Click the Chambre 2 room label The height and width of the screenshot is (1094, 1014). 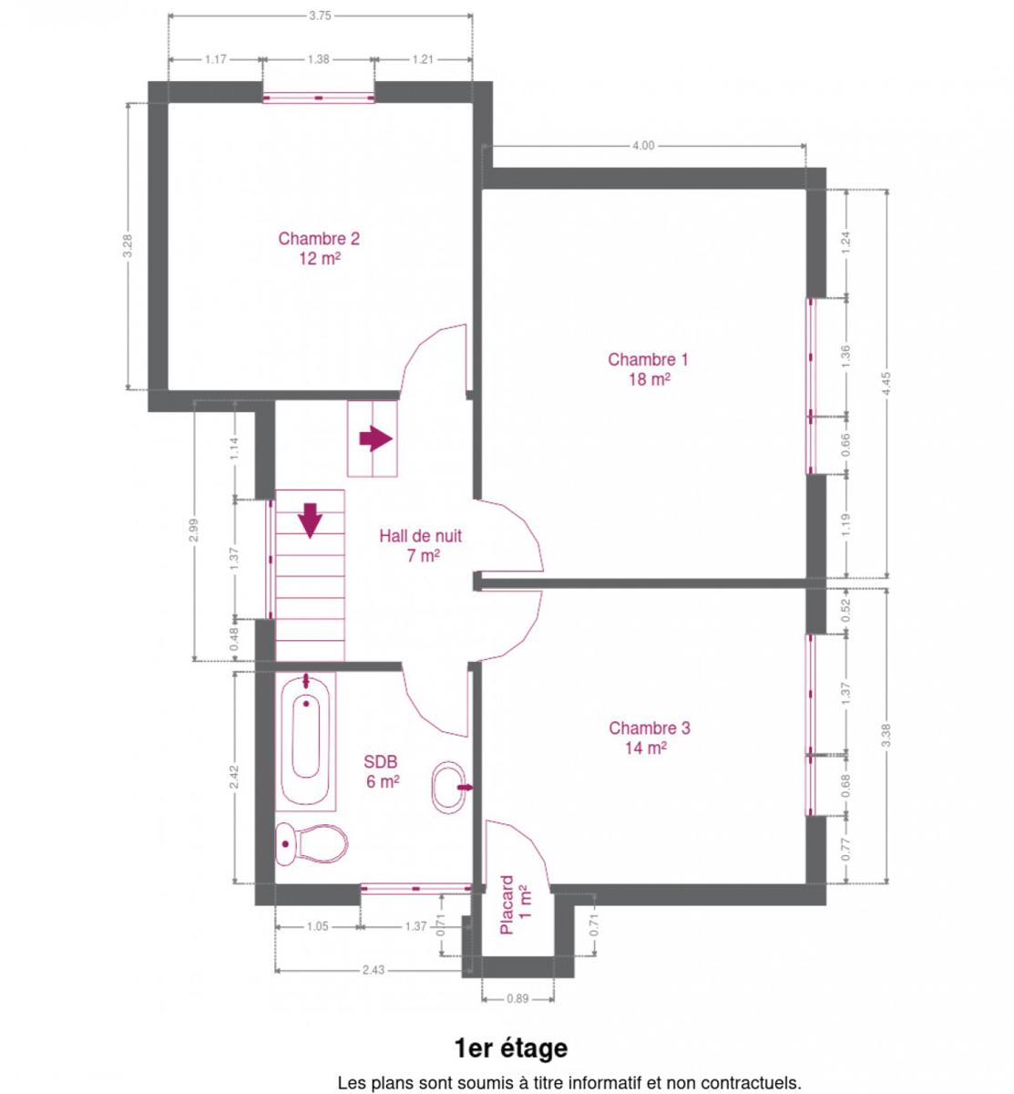[319, 248]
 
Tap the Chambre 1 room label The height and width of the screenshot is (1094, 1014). [648, 368]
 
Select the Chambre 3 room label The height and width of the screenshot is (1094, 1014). [649, 737]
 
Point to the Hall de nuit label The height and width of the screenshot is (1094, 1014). [421, 545]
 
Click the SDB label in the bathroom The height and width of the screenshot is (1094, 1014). [382, 771]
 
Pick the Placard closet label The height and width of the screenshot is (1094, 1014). [515, 904]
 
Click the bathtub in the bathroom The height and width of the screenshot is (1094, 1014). [305, 741]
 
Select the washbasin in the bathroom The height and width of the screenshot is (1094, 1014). [448, 787]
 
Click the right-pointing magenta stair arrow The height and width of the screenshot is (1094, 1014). [376, 439]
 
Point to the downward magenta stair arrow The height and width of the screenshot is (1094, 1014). [310, 520]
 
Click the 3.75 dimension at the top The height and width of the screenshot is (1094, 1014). [320, 15]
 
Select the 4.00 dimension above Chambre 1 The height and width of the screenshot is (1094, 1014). [642, 146]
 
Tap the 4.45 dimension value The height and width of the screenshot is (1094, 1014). [886, 384]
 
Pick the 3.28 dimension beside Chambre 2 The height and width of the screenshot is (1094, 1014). [128, 245]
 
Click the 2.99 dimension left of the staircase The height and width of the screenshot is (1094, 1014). [193, 530]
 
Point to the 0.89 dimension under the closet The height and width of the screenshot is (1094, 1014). [517, 998]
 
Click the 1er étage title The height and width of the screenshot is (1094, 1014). [511, 1048]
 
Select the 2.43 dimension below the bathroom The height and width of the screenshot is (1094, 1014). [373, 970]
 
